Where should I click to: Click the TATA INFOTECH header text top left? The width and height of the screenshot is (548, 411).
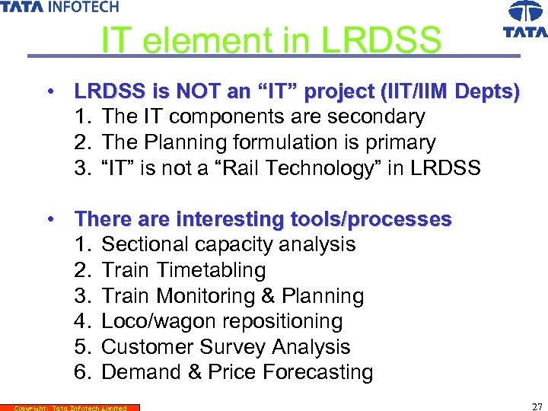point(59,7)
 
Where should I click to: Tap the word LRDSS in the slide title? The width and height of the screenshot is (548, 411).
point(381,40)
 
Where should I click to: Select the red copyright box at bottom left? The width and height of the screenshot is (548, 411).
point(70,407)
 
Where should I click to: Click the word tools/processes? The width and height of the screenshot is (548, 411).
point(371,219)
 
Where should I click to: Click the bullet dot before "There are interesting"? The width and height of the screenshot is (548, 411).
point(49,218)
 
